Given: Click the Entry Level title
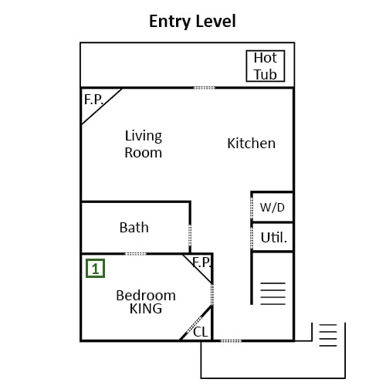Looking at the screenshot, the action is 192,22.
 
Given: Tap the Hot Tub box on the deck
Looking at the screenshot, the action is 266,66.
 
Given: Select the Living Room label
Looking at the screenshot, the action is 144,144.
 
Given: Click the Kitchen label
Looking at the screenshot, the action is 252,144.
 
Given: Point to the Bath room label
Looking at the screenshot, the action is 134,228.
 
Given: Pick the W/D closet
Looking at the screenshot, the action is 273,207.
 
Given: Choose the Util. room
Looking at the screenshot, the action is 273,237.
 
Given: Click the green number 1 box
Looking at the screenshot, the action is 95,269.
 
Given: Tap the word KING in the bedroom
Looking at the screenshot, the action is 146,309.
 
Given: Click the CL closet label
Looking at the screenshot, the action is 201,332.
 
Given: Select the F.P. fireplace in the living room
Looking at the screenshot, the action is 94,100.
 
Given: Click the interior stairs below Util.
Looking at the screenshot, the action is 273,293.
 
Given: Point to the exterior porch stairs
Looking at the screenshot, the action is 328,335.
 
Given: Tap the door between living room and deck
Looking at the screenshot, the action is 204,88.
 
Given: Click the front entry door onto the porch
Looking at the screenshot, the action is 231,341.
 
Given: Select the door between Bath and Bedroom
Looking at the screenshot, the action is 136,254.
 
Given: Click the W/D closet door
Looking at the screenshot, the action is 252,208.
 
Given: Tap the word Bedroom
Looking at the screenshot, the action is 146,296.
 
